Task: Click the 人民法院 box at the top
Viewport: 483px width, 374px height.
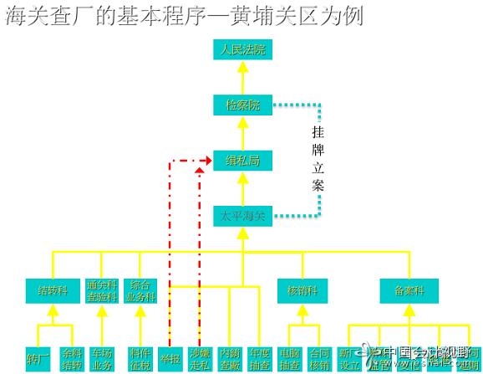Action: click(242, 49)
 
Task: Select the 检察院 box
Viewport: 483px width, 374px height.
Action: click(242, 105)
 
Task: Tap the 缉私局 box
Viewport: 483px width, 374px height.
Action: click(242, 161)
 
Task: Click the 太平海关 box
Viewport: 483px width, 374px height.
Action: click(242, 216)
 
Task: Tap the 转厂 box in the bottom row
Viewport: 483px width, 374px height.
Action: click(38, 357)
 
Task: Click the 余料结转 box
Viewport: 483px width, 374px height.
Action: click(71, 357)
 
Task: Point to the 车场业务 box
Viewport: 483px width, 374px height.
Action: click(102, 357)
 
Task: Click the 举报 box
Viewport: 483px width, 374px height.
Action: click(170, 357)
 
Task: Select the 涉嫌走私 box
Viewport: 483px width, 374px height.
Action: click(199, 357)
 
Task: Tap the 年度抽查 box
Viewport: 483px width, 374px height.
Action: click(259, 357)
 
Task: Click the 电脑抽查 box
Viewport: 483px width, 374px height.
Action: click(290, 357)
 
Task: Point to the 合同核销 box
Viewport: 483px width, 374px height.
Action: click(319, 357)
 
